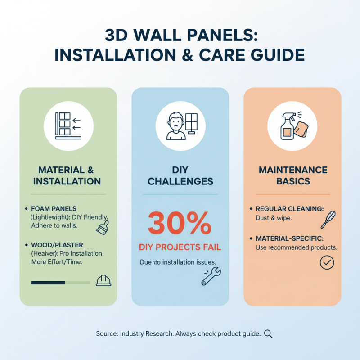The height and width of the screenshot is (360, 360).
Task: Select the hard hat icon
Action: click(x=103, y=280)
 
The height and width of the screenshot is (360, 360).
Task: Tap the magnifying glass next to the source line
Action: click(x=269, y=334)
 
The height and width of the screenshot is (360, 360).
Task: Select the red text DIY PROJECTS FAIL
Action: click(x=180, y=247)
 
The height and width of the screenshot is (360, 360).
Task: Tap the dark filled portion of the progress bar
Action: click(x=48, y=283)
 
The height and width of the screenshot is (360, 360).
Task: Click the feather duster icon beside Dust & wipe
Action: click(x=326, y=220)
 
